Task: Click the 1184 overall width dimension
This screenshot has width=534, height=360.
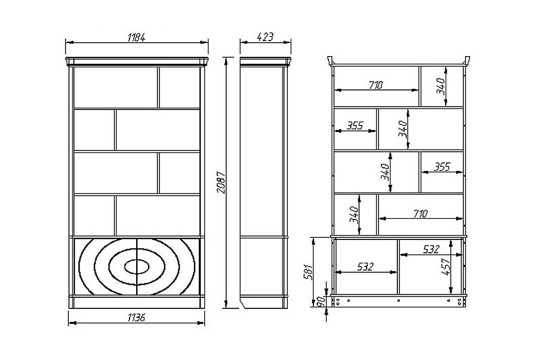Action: tap(137, 37)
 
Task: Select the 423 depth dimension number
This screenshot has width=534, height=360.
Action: tap(265, 37)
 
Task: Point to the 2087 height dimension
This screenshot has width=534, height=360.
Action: tap(221, 183)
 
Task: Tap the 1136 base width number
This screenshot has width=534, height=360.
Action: tap(137, 317)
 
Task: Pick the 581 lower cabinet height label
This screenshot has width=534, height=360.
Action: tap(308, 271)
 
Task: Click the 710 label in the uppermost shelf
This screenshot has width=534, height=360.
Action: tap(376, 85)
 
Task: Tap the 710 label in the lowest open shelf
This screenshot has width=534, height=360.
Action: tap(420, 214)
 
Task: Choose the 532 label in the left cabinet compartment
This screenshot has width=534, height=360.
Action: tap(366, 267)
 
